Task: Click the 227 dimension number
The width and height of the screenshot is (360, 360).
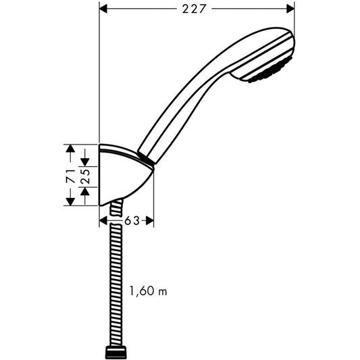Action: pos(193,9)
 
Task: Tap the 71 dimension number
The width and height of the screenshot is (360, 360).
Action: pos(71,176)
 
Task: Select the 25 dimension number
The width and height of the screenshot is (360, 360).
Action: pos(85,176)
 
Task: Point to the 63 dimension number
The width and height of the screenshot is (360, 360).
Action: pos(132,221)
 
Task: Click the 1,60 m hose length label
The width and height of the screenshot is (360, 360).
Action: pos(149,291)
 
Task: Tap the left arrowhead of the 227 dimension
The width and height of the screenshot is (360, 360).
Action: pos(103,9)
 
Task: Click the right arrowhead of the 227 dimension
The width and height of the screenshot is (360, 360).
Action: pos(290,9)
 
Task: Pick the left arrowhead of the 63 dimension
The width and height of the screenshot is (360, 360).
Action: pos(103,221)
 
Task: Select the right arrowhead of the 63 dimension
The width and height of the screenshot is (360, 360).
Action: pos(150,221)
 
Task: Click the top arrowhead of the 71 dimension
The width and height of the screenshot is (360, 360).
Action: pos(70,149)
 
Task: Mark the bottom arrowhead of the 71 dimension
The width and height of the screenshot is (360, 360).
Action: pos(70,201)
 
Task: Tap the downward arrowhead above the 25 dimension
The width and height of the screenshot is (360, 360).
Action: pos(85,162)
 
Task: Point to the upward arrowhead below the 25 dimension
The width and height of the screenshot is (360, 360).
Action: pos(85,191)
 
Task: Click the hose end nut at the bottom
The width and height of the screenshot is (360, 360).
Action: pos(116,353)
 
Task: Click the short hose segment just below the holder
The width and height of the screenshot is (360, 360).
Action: pos(117,208)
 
